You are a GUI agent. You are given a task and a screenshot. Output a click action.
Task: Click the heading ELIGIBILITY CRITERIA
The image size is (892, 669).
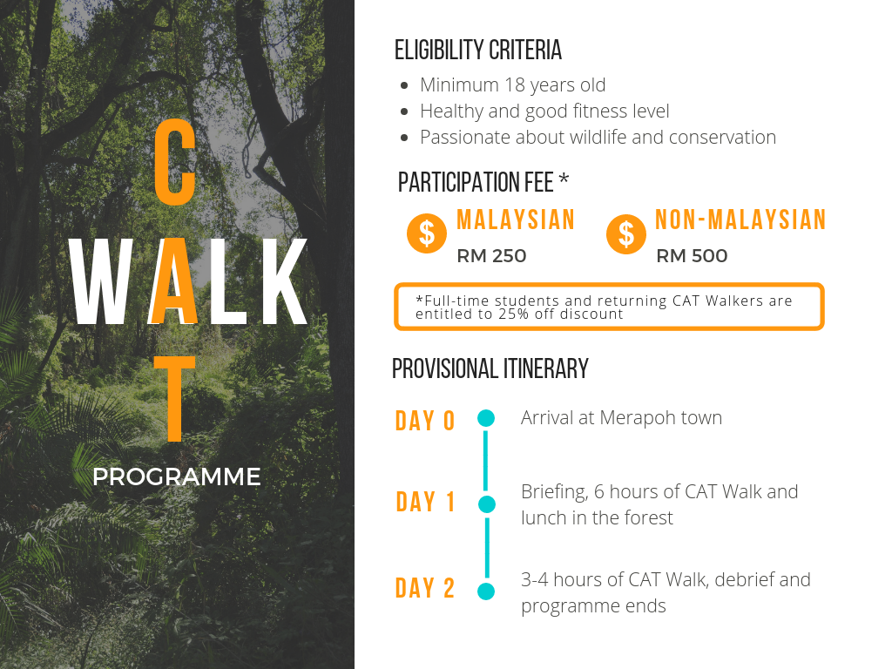(x=478, y=50)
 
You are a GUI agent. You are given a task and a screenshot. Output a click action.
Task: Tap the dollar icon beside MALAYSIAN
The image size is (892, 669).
(x=427, y=233)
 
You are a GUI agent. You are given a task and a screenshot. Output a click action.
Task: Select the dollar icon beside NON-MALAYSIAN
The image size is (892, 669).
(x=625, y=233)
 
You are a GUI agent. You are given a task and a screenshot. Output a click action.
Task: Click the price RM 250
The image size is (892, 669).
(x=491, y=256)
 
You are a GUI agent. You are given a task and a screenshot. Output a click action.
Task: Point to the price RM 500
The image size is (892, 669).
(x=692, y=256)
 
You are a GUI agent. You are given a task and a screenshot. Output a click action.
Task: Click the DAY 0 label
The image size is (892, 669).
(x=425, y=421)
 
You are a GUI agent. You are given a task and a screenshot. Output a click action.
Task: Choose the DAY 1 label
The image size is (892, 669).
(x=425, y=502)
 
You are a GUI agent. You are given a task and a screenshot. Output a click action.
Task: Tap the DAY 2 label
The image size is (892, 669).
(x=425, y=588)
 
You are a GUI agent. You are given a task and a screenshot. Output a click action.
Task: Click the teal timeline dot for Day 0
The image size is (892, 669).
(x=486, y=418)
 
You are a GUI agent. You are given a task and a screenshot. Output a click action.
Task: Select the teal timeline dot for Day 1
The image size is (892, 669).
(x=486, y=504)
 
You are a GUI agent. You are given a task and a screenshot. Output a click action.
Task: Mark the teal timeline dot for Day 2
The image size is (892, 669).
(x=486, y=591)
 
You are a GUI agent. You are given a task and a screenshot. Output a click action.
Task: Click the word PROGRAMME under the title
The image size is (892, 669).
(x=176, y=476)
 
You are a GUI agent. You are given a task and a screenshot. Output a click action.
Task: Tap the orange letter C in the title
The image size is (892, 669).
(x=175, y=162)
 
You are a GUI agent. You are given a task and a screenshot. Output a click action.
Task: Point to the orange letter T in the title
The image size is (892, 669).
(x=175, y=399)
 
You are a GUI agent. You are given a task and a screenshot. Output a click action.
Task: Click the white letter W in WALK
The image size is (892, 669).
(x=101, y=281)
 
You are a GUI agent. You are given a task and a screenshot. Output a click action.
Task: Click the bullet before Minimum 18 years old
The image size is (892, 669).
(x=404, y=85)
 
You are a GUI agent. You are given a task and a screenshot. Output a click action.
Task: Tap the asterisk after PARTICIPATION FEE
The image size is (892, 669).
(x=564, y=179)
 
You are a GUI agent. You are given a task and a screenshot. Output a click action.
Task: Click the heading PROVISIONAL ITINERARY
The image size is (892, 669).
(x=490, y=368)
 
